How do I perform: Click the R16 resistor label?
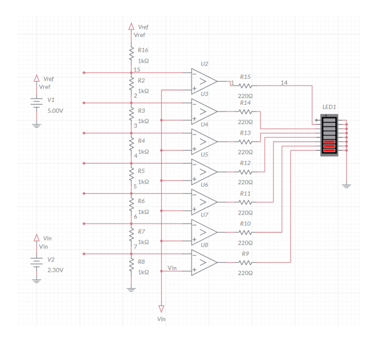(x=143, y=50)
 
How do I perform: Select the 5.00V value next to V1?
(x=55, y=111)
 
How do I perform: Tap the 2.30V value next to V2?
(x=55, y=271)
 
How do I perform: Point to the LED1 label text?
(x=330, y=107)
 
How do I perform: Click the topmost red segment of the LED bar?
(x=329, y=141)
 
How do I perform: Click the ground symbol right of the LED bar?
(x=346, y=184)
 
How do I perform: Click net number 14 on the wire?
(x=284, y=83)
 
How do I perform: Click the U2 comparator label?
(x=204, y=64)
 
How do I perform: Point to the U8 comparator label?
(x=204, y=245)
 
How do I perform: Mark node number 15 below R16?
(x=137, y=69)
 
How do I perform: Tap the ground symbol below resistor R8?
(x=131, y=289)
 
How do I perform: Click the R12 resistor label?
(x=245, y=163)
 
